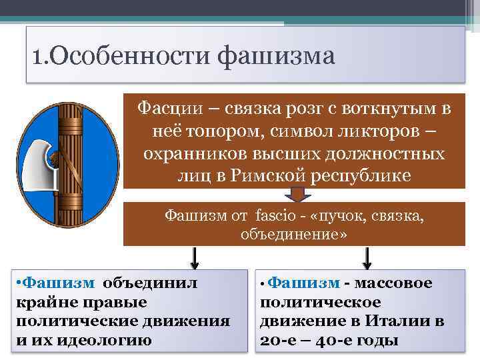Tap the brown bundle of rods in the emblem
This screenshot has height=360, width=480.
67,160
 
